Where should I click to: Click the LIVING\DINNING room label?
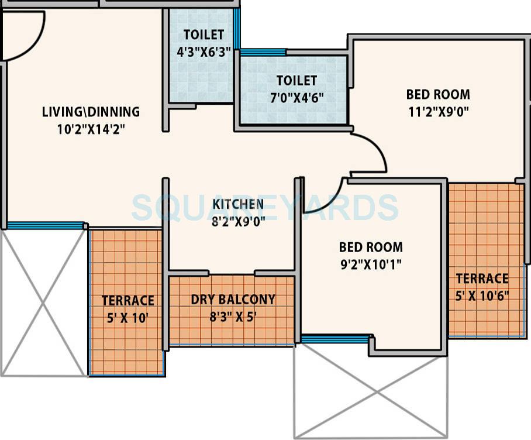tap(91, 111)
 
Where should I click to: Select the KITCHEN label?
tap(237, 204)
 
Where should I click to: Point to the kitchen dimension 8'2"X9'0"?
tap(237, 222)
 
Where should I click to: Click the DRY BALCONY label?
tap(233, 300)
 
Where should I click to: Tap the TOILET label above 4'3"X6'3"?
tap(204, 35)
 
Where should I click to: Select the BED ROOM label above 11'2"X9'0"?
tap(438, 94)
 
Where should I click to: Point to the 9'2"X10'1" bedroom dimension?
tap(371, 264)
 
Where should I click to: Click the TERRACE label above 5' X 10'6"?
tap(482, 278)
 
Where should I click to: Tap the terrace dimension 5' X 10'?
tap(127, 318)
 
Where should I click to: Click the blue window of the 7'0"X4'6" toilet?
tap(263, 52)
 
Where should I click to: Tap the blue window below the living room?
tap(45, 225)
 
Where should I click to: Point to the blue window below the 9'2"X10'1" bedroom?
tap(336, 339)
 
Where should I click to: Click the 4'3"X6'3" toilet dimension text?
tap(204, 51)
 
